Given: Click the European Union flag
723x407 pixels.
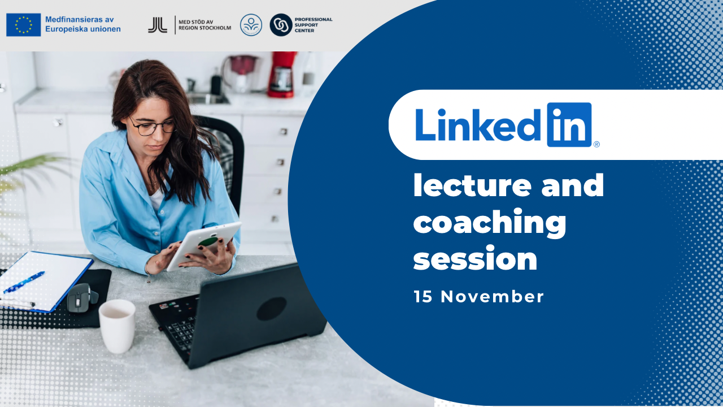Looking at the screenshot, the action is (24, 25).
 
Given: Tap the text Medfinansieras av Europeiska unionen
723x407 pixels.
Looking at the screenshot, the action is (83, 24).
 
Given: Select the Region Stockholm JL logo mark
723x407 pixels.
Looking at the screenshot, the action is (158, 25).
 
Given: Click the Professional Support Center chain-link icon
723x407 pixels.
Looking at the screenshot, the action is (281, 25).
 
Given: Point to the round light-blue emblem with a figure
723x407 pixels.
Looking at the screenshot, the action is (251, 25).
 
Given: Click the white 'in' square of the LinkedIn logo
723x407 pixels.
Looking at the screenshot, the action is (569, 125).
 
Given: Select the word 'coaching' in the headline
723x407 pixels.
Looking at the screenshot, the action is (490, 223).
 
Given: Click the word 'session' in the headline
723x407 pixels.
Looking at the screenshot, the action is (476, 259).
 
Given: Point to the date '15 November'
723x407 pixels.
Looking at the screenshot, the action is (478, 297).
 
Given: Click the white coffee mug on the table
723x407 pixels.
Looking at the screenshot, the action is (117, 326).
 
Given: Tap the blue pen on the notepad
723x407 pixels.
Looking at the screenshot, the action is (24, 282).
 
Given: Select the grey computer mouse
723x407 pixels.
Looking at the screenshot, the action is (82, 298).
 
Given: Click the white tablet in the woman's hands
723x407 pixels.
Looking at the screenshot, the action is (204, 246).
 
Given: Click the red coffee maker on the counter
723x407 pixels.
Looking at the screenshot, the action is (282, 75).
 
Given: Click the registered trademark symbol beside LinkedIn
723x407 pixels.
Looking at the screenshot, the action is (596, 144).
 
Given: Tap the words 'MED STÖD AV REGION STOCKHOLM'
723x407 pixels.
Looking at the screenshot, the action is (204, 25).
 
